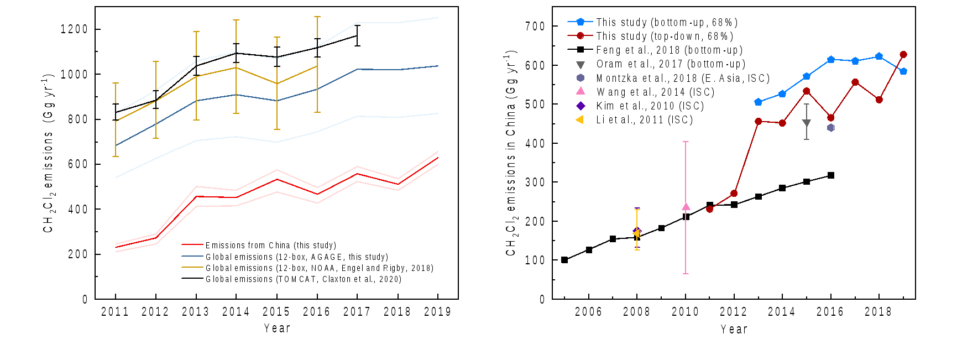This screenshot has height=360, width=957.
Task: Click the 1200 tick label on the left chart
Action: click(74, 29)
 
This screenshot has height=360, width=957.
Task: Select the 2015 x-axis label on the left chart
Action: click(276, 312)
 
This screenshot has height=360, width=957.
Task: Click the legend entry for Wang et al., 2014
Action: click(655, 92)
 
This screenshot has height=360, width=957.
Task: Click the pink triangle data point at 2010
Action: click(686, 207)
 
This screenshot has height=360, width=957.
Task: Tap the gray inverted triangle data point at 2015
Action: click(806, 123)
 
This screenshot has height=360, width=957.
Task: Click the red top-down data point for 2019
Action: click(903, 55)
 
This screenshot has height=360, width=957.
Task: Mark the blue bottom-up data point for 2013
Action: click(758, 102)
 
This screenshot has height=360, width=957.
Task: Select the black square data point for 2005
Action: click(564, 260)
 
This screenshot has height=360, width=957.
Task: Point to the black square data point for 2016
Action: click(830, 175)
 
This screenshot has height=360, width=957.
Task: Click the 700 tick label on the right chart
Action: click(535, 27)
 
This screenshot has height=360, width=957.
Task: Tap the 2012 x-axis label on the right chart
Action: click(734, 312)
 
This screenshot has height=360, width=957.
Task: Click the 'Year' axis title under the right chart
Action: click(734, 330)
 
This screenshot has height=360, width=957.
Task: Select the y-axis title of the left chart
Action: click(49, 153)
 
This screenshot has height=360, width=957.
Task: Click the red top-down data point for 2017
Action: click(855, 82)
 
